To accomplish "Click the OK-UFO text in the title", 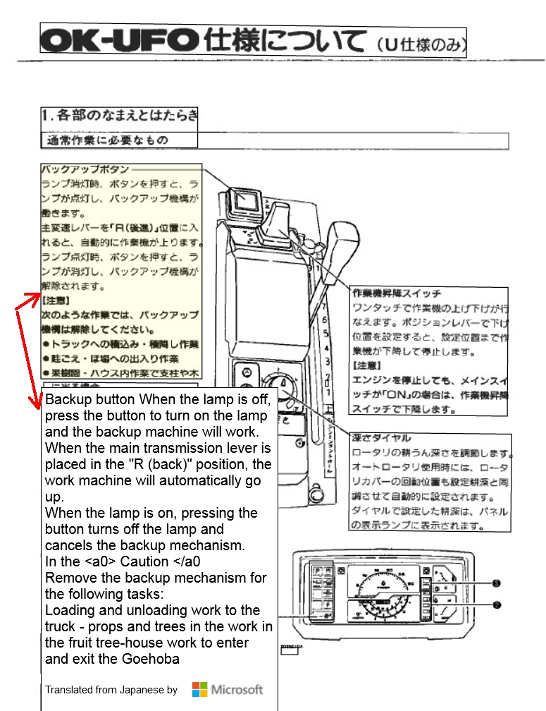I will point(120,42).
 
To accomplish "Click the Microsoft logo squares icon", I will point(200,689).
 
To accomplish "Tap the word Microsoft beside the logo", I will point(237,689).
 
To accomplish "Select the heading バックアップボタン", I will point(85,169).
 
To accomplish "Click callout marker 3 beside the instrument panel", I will point(496,583).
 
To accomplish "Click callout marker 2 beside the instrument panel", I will point(496,604).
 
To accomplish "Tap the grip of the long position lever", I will point(346,247).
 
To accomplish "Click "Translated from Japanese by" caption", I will point(111,690).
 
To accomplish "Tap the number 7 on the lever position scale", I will point(323,307).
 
